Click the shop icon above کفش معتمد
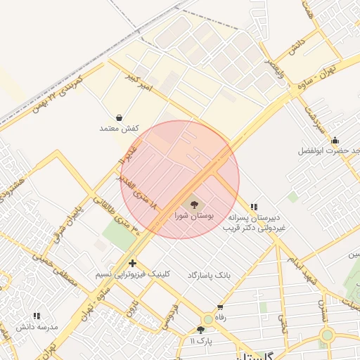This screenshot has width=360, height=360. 119,117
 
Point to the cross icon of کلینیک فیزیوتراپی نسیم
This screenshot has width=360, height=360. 132,263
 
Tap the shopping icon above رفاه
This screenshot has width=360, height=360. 221,307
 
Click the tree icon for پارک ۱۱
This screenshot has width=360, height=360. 201,329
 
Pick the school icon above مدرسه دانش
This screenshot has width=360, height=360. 37,316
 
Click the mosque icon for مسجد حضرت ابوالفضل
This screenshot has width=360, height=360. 335,140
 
